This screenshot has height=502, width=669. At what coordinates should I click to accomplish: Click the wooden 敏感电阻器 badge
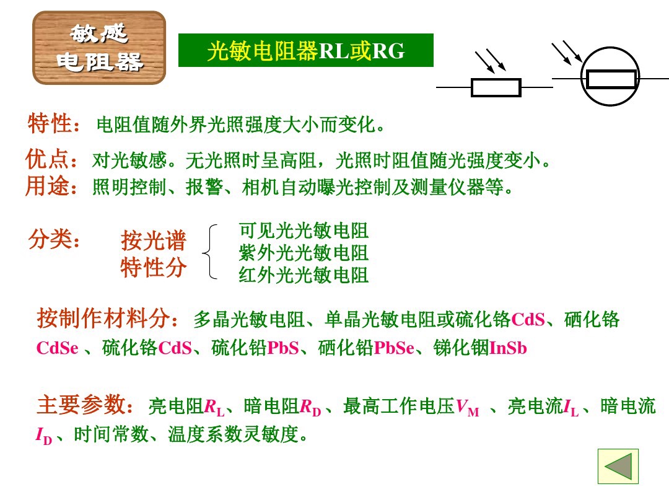pyautogui.click(x=99, y=48)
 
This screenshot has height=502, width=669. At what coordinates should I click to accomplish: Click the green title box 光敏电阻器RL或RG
pyautogui.click(x=306, y=51)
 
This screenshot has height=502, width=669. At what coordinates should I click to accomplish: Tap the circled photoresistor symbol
pyautogui.click(x=611, y=79)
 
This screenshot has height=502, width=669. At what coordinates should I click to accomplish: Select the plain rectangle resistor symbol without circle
pyautogui.click(x=496, y=87)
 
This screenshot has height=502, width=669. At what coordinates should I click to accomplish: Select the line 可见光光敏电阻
pyautogui.click(x=304, y=231)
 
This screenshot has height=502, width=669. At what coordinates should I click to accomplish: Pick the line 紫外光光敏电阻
pyautogui.click(x=304, y=253)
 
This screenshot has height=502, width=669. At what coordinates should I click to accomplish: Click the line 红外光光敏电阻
pyautogui.click(x=304, y=275)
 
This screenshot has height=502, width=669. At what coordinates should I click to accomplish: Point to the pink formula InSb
pyautogui.click(x=508, y=348)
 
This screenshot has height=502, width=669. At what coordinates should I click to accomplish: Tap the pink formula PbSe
pyautogui.click(x=394, y=348)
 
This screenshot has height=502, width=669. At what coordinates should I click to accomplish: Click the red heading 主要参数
pyautogui.click(x=84, y=406)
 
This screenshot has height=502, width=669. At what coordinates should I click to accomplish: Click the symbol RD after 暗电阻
pyautogui.click(x=310, y=408)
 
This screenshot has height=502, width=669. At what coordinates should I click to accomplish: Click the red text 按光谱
pyautogui.click(x=153, y=240)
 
